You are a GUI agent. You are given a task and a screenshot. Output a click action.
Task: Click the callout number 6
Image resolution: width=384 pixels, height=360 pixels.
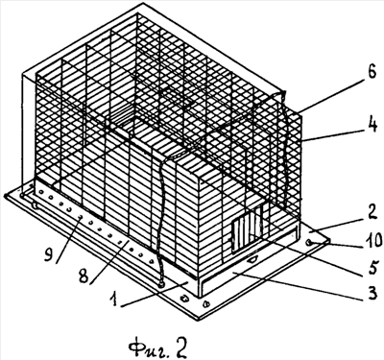click(372, 74)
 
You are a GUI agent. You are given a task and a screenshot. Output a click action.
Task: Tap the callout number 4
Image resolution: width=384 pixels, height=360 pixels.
click(372, 126)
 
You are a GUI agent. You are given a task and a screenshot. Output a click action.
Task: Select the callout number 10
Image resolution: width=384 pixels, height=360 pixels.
click(372, 240)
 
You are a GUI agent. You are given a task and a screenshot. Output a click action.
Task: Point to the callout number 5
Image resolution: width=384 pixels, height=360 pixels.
click(372, 269)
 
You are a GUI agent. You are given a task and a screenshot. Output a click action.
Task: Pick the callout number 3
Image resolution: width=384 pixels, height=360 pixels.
click(372, 293)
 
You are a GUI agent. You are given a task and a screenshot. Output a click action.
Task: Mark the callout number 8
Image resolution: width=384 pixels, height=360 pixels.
click(84, 276)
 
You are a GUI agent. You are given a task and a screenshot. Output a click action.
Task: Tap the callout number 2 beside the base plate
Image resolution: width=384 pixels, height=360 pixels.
click(372, 213)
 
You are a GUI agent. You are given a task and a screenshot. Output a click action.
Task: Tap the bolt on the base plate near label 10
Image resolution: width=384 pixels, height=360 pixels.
click(309, 243)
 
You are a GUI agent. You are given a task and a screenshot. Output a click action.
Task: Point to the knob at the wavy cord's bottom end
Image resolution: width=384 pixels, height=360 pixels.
click(160, 284)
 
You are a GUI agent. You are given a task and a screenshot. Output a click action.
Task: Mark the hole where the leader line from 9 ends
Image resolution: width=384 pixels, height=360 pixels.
click(81, 217)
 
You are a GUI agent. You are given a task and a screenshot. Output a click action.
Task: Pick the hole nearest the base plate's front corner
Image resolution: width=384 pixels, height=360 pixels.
click(205, 302)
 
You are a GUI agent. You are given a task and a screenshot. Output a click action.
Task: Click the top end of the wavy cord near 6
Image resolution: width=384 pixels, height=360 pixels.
click(283, 93)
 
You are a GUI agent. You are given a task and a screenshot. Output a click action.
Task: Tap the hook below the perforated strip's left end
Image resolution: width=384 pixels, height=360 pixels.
click(36, 205)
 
